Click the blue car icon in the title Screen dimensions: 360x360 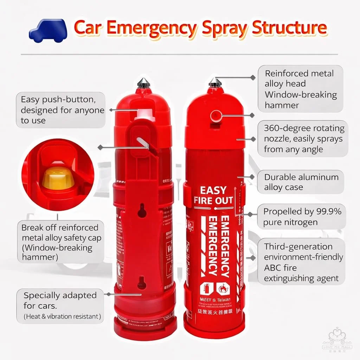pyautogui.click(x=48, y=30)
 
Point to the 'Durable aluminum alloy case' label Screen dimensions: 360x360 pyautogui.click(x=301, y=182)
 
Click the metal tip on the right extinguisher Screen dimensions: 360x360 pyautogui.click(x=215, y=83)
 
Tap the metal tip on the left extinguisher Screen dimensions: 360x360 pyautogui.click(x=143, y=83)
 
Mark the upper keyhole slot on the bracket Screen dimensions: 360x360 pyautogui.click(x=142, y=210)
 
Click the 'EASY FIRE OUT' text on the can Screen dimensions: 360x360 pyautogui.click(x=213, y=195)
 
